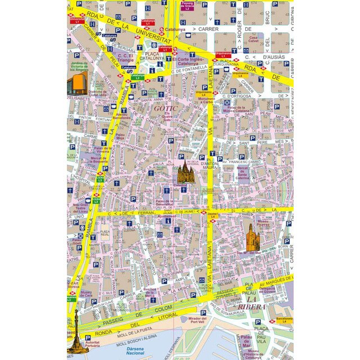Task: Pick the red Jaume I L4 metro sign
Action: (212, 215)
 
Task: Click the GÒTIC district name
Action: (166, 107)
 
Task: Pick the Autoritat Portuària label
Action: (93, 343)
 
